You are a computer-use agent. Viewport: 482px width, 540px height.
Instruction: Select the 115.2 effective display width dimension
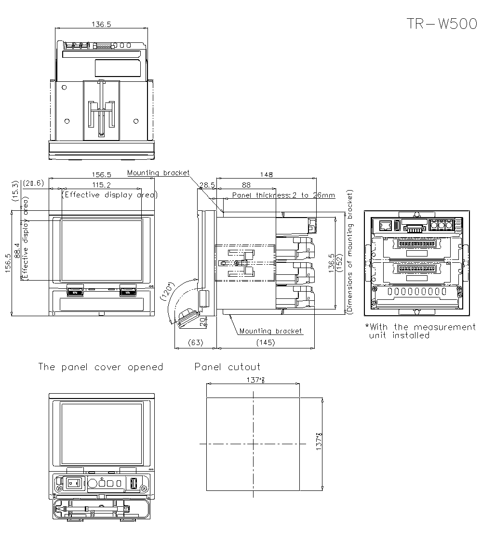click(x=101, y=185)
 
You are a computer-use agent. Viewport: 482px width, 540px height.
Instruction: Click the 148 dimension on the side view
click(x=266, y=175)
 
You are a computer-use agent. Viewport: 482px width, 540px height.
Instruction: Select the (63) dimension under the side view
click(x=195, y=343)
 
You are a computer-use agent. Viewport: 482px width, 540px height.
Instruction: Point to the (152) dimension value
click(x=340, y=263)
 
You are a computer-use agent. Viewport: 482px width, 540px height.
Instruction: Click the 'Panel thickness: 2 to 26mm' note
click(x=283, y=195)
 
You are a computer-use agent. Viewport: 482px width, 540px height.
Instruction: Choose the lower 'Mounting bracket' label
click(x=271, y=331)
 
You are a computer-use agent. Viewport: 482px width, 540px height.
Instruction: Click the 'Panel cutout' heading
click(x=227, y=367)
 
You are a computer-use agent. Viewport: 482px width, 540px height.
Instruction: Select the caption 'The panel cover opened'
click(x=101, y=367)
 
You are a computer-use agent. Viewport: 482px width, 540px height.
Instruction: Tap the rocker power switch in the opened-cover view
click(x=73, y=482)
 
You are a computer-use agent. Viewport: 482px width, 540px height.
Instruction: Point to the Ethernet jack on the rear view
click(x=385, y=225)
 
